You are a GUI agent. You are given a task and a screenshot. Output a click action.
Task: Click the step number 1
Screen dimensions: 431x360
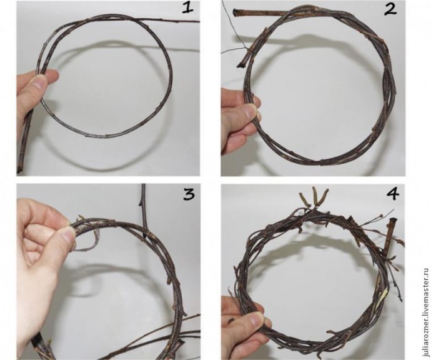tap(187, 7)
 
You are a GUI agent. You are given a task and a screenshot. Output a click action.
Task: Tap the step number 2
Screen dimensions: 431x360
tap(390, 9)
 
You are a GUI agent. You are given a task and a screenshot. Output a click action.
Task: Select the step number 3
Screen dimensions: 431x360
tap(189, 194)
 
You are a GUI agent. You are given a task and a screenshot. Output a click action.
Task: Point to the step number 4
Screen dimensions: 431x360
tap(392, 194)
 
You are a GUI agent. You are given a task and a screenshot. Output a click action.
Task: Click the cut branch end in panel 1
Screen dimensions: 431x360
tap(19, 168)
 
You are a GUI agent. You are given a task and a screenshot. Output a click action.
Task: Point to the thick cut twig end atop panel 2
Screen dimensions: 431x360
tap(236, 12)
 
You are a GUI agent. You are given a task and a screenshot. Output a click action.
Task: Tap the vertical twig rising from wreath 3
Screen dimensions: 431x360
tap(144, 208)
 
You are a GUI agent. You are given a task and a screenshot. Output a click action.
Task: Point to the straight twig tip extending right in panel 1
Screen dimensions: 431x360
tap(199, 21)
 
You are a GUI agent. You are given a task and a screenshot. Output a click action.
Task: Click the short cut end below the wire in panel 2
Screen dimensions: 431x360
tap(241, 64)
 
